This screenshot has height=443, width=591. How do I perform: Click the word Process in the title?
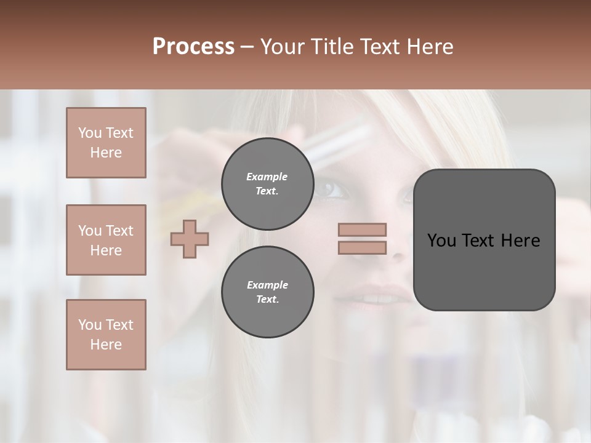[x=193, y=47]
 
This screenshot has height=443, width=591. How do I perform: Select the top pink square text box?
[x=106, y=143]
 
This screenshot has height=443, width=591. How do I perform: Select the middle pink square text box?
[x=106, y=240]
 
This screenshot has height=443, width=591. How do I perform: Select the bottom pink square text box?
[x=106, y=335]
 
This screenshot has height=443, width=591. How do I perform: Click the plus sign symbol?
[x=190, y=239]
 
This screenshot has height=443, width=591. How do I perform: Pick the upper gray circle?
[x=267, y=184]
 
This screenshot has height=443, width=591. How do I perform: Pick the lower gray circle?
[x=267, y=292]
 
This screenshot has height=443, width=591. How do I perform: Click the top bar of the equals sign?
[x=363, y=230]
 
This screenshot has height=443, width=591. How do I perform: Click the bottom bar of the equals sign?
[x=363, y=247]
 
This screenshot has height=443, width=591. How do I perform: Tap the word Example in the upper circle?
[x=267, y=177]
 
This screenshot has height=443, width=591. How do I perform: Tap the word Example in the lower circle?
[x=267, y=285]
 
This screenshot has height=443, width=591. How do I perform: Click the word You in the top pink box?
[x=89, y=133]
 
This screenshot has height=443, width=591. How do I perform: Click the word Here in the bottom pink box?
[x=106, y=345]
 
